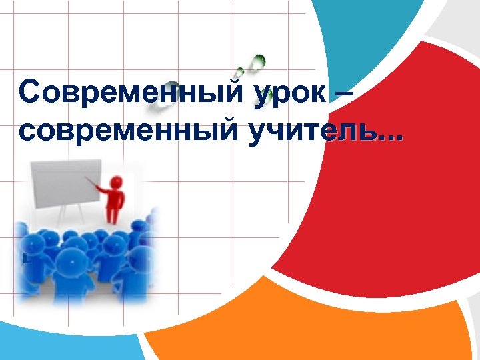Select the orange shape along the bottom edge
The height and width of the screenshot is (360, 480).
(287, 327)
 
